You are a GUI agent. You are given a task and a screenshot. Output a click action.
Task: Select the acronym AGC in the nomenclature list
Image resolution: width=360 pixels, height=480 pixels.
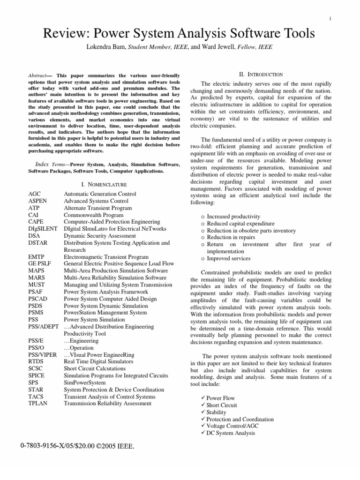pyautogui.click(x=35, y=194)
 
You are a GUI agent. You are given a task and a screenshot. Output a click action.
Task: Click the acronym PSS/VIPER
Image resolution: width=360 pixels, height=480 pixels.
pyautogui.click(x=43, y=355)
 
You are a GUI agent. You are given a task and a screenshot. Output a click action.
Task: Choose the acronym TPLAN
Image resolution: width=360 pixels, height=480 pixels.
pyautogui.click(x=37, y=403)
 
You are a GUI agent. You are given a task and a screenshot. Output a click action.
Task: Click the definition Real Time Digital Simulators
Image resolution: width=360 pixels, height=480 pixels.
pyautogui.click(x=98, y=361)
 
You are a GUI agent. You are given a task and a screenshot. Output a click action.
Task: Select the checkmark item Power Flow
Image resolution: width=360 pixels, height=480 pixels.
pyautogui.click(x=221, y=398)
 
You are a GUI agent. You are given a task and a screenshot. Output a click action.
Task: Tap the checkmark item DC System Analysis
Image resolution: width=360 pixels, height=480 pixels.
pyautogui.click(x=231, y=433)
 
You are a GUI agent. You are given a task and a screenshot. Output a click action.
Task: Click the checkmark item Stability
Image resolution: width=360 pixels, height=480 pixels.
pyautogui.click(x=218, y=412)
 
